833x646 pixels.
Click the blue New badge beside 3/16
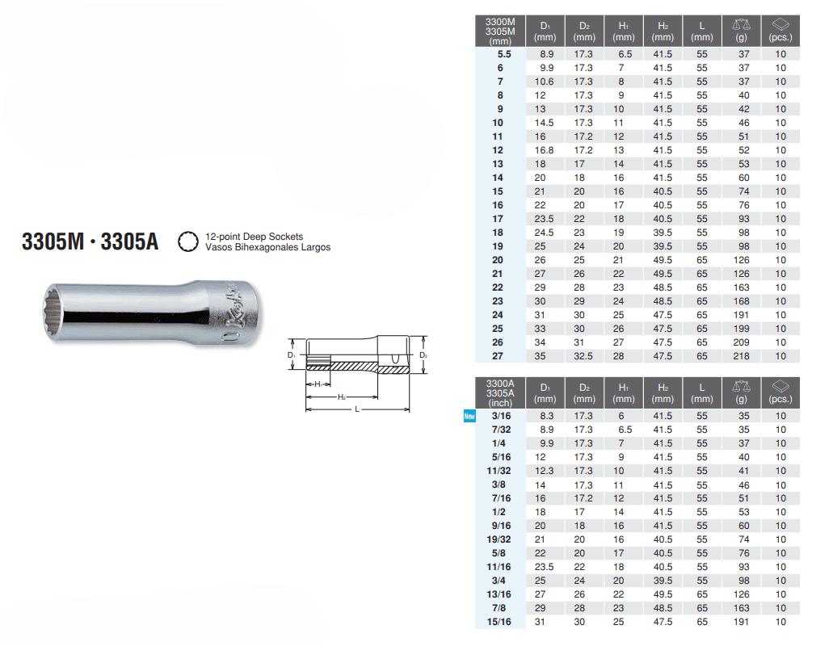(x=469, y=416)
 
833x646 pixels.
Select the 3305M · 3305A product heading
(x=90, y=241)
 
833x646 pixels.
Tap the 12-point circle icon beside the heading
(x=188, y=241)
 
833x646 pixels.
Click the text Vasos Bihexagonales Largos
(x=267, y=247)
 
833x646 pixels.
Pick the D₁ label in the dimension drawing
(x=291, y=355)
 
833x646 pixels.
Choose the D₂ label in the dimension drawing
(x=423, y=355)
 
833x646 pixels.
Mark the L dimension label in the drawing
(x=357, y=409)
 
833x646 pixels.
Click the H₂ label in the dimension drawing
(x=342, y=397)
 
